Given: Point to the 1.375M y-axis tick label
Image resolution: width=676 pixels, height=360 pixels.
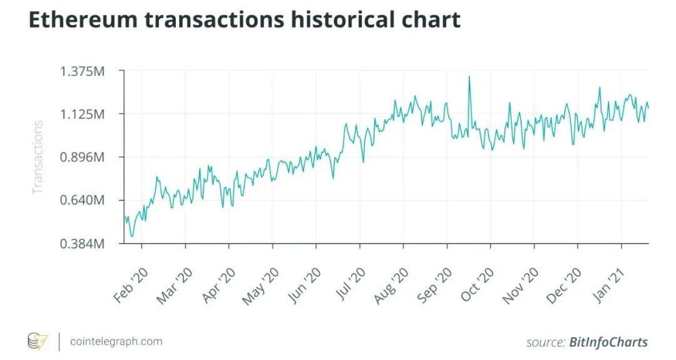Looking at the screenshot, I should (x=81, y=71).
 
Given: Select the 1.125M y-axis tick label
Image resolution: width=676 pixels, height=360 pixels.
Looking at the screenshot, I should (x=81, y=114).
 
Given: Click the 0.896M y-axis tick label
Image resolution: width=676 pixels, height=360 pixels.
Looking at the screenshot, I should (x=81, y=157).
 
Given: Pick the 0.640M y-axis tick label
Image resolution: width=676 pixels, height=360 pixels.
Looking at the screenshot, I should (x=81, y=200).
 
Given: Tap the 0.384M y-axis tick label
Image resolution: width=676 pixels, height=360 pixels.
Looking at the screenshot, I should (x=81, y=244).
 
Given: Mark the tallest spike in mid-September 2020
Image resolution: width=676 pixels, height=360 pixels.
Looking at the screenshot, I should (x=469, y=78).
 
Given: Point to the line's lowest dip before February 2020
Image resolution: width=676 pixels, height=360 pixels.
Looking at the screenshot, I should (x=131, y=236).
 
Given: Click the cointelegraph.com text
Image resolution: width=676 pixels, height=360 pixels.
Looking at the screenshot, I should (x=116, y=341).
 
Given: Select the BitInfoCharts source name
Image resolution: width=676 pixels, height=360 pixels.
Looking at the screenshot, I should (x=608, y=342).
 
